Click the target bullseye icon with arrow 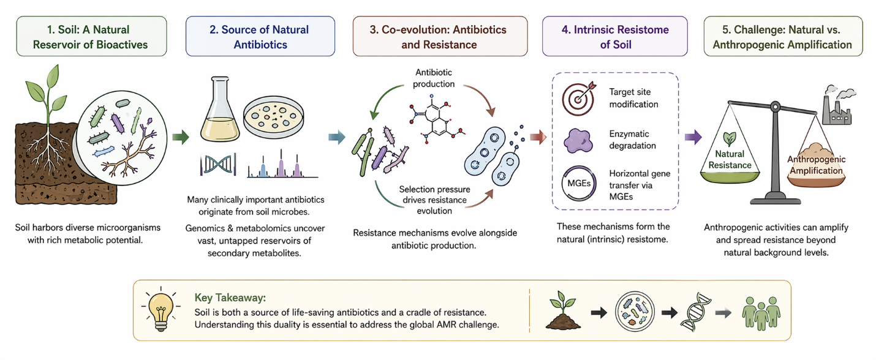point(579,98)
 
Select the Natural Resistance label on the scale point(730,159)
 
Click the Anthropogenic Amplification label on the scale point(816,165)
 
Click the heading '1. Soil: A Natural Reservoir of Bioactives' point(91,37)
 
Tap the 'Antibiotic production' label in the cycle point(435,78)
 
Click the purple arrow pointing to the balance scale point(693,137)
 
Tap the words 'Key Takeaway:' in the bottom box point(230,298)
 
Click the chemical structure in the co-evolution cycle point(436,120)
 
